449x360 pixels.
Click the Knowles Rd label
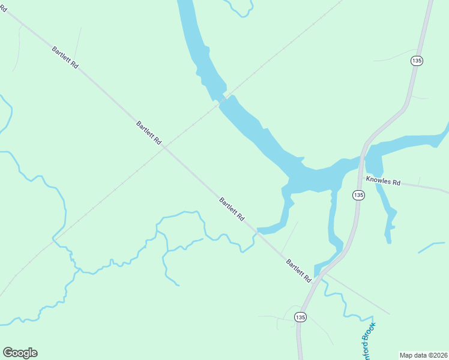coord(384,182)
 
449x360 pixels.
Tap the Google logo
coord(20,353)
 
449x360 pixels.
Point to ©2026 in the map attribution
coord(438,355)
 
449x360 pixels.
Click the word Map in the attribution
coord(408,355)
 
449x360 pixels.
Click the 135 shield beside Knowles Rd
coord(358,195)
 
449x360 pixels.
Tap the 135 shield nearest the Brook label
coord(301,317)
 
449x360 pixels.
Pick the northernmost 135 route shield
coord(417,61)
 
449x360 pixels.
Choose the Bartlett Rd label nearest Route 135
coord(298,271)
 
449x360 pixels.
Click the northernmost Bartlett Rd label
coord(65,59)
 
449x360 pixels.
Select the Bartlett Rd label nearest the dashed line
coord(149,134)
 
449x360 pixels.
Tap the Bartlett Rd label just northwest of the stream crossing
coord(232,209)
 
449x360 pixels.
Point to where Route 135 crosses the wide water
coord(363,158)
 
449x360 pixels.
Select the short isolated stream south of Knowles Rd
coord(432,246)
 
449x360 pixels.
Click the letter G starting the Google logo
coord(8,353)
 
